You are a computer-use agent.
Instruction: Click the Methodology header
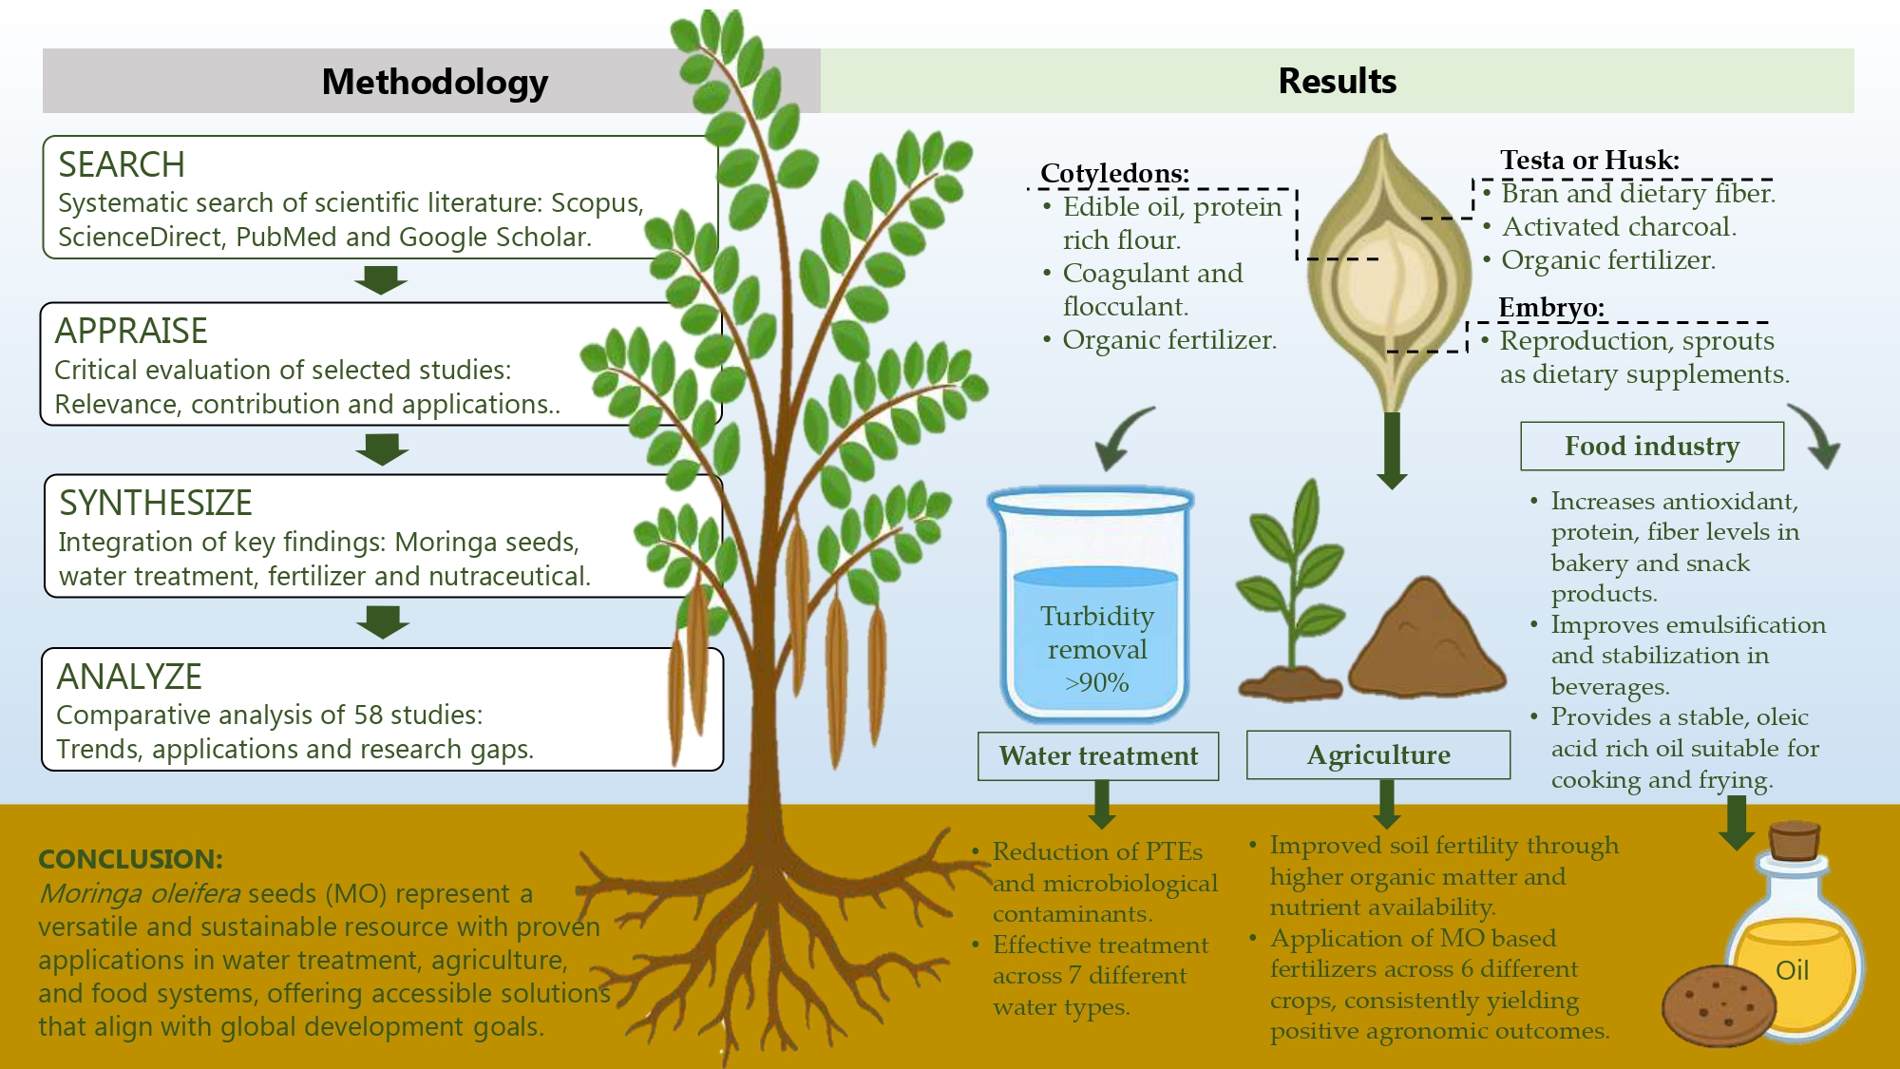click(x=434, y=82)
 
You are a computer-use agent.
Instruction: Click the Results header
click(x=1337, y=81)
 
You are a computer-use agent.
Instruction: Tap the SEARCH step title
click(x=122, y=165)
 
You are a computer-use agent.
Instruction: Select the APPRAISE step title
click(x=131, y=332)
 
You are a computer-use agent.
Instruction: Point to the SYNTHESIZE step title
click(x=156, y=504)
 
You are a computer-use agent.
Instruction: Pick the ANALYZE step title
click(x=129, y=678)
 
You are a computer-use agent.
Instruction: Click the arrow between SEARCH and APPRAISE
click(x=381, y=280)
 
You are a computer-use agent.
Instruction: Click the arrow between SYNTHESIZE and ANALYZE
click(x=383, y=622)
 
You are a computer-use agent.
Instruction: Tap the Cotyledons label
click(x=1114, y=173)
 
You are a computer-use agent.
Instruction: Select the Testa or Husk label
click(x=1589, y=160)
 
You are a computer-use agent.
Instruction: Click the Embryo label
click(x=1551, y=307)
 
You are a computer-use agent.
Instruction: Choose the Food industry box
click(x=1652, y=446)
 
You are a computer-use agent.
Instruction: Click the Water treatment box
click(x=1098, y=755)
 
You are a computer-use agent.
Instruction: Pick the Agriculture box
click(x=1378, y=754)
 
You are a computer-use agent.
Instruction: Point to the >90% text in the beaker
click(x=1097, y=682)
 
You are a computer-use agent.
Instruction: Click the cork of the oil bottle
click(x=1794, y=840)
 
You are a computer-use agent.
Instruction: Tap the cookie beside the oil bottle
click(x=1719, y=1005)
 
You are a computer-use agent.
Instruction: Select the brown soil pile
click(x=1427, y=641)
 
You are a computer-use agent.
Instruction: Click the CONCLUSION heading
click(x=130, y=859)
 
